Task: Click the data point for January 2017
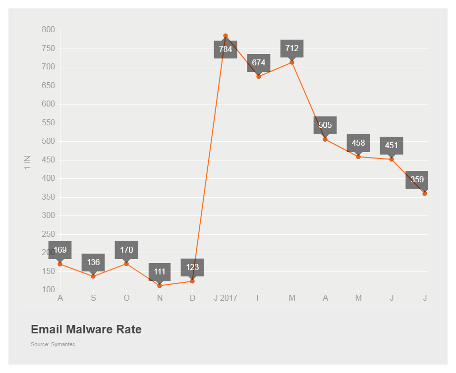click(226, 36)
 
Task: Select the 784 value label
click(226, 49)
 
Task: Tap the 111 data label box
click(160, 271)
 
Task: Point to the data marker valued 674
click(259, 76)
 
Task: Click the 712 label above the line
click(292, 48)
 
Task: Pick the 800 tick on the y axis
click(48, 30)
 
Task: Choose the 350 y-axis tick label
click(48, 197)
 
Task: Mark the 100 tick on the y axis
click(48, 290)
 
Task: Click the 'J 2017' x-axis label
click(226, 298)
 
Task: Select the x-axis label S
click(93, 298)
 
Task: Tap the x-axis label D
click(192, 298)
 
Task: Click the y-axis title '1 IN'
click(28, 162)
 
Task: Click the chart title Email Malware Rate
click(86, 329)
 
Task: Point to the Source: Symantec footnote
click(53, 344)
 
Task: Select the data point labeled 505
click(325, 139)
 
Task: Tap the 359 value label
click(417, 179)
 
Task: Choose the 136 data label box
click(93, 262)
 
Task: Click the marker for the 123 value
click(192, 281)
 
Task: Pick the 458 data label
click(358, 143)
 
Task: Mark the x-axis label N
click(160, 298)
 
